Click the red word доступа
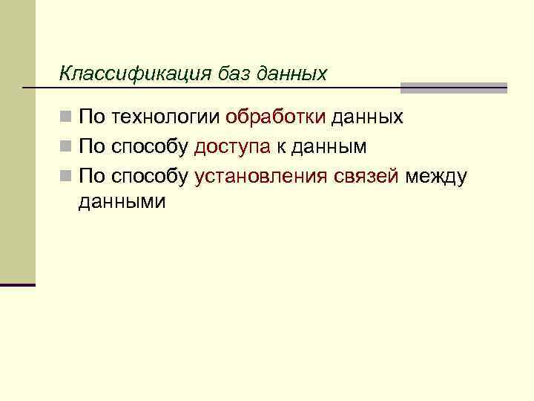pos(232,147)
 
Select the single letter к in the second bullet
pos(281,147)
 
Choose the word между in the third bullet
pos(436,176)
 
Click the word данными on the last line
pos(122,201)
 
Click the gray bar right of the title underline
pos(453,88)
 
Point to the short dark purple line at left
pos(18,284)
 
